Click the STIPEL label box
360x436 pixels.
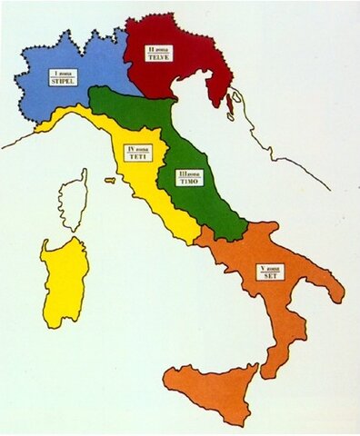pos(63,77)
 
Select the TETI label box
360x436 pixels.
pos(138,153)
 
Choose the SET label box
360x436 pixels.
pos(270,272)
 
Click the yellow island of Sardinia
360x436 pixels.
pos(63,282)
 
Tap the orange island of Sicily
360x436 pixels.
pos(210,391)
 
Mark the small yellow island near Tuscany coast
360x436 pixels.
pos(110,180)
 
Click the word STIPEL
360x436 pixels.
pos(63,81)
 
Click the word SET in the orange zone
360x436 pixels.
pos(270,275)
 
